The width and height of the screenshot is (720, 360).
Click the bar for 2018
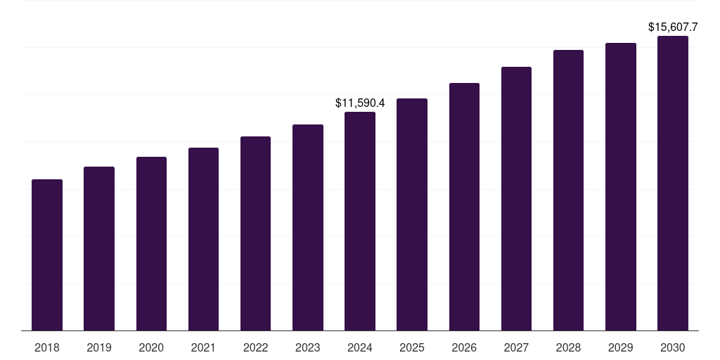pyautogui.click(x=47, y=255)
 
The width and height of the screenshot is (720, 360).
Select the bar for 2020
pyautogui.click(x=151, y=243)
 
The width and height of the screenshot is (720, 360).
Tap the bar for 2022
pyautogui.click(x=255, y=233)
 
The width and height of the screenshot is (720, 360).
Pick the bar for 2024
pyautogui.click(x=360, y=221)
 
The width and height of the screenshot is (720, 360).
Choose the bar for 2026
pyautogui.click(x=464, y=207)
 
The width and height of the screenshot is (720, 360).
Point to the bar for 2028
pyautogui.click(x=568, y=190)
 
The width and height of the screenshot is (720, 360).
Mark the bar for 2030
pyautogui.click(x=673, y=183)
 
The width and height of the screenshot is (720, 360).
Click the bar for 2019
pyautogui.click(x=99, y=248)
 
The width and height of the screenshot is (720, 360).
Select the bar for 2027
pyautogui.click(x=516, y=198)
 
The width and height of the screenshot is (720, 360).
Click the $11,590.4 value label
pyautogui.click(x=360, y=103)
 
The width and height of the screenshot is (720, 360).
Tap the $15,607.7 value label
pyautogui.click(x=673, y=27)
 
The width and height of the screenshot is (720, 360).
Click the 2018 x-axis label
pyautogui.click(x=47, y=347)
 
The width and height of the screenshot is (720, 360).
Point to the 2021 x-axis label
pyautogui.click(x=203, y=347)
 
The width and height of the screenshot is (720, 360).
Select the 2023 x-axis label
pyautogui.click(x=308, y=347)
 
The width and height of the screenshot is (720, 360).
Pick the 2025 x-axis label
pyautogui.click(x=412, y=347)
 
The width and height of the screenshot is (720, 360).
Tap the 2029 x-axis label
pyautogui.click(x=621, y=347)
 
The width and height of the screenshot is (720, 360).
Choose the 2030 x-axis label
pyautogui.click(x=673, y=347)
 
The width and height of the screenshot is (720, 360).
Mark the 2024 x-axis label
pyautogui.click(x=360, y=347)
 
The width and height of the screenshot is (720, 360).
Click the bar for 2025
pyautogui.click(x=412, y=214)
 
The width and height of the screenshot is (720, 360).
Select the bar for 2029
pyautogui.click(x=621, y=186)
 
